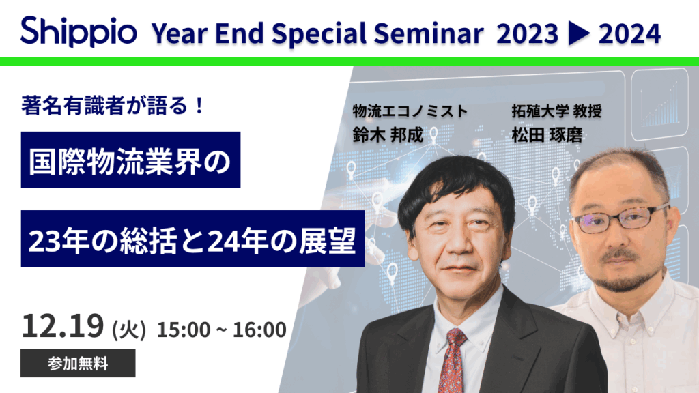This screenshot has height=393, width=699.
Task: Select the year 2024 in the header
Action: click(x=629, y=32)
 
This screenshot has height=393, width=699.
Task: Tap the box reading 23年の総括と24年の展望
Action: click(x=192, y=239)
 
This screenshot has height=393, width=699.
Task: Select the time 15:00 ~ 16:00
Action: click(x=221, y=330)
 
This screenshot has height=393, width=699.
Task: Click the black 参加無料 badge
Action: click(x=78, y=363)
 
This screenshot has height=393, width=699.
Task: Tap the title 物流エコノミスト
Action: click(x=410, y=111)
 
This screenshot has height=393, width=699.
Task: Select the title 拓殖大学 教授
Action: click(x=556, y=111)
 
